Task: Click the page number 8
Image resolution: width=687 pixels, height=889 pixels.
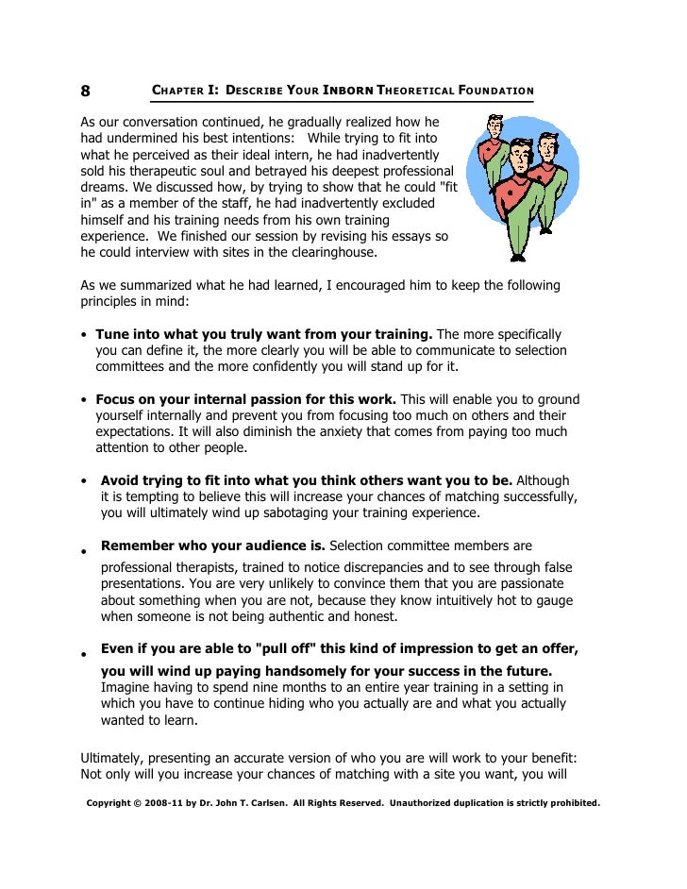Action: (85, 92)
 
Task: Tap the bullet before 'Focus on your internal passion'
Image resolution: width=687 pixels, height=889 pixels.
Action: (85, 400)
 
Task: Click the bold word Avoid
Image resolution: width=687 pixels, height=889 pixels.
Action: (121, 480)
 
